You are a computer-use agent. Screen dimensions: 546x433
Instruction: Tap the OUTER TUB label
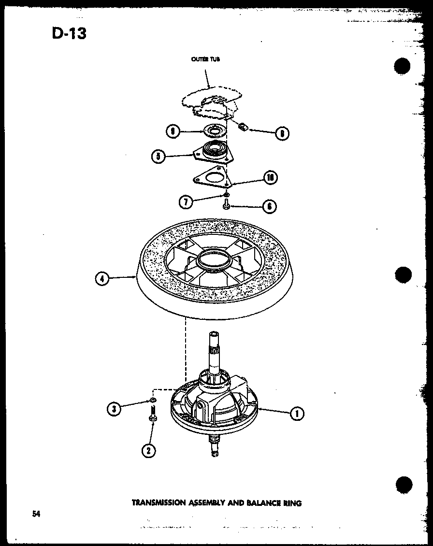point(205,60)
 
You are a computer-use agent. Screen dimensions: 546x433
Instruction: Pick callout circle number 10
point(270,177)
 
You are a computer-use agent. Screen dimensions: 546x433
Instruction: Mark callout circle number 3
point(114,409)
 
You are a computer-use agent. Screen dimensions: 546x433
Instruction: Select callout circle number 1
point(297,413)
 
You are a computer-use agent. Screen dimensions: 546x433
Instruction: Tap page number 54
point(36,514)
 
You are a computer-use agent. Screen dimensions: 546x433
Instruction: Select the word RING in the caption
point(292,503)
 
